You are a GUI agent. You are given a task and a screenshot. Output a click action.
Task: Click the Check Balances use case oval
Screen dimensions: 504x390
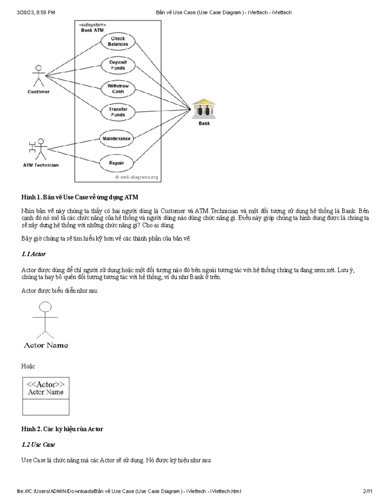tap(118, 41)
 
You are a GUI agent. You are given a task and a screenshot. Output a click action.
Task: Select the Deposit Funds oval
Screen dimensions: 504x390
tap(118, 65)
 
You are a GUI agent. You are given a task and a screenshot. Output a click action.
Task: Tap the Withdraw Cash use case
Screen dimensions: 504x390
tap(118, 89)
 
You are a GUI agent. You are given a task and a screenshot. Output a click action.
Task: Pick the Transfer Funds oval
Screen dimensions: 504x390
tap(118, 112)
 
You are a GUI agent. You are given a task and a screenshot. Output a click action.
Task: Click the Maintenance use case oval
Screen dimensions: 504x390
tap(116, 139)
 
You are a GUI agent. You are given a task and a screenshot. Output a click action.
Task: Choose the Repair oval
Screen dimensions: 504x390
tap(116, 163)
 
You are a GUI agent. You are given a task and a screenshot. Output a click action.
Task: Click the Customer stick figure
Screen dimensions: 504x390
tap(39, 76)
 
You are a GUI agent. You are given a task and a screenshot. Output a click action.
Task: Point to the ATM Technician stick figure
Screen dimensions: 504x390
tap(39, 149)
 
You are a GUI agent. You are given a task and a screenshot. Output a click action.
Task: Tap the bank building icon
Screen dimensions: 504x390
tap(204, 109)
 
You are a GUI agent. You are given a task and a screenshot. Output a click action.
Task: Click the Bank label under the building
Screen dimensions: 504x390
tap(204, 124)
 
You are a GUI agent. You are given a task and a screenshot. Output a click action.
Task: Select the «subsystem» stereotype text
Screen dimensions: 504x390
tap(92, 25)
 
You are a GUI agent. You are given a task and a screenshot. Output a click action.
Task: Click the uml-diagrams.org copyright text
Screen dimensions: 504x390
tap(136, 177)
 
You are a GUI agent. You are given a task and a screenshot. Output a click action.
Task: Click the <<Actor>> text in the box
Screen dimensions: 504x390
tap(45, 385)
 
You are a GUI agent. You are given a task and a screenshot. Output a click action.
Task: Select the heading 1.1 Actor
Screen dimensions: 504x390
tap(33, 254)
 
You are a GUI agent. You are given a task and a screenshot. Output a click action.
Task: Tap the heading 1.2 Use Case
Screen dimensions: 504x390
tap(38, 445)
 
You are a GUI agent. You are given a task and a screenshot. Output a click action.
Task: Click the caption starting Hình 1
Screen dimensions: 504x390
tap(80, 197)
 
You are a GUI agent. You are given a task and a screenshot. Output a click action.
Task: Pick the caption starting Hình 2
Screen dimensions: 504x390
tap(62, 429)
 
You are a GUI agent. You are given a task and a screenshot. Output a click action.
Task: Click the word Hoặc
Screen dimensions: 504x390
tap(28, 366)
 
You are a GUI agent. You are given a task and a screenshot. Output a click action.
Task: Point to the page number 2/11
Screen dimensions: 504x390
tap(368, 491)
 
